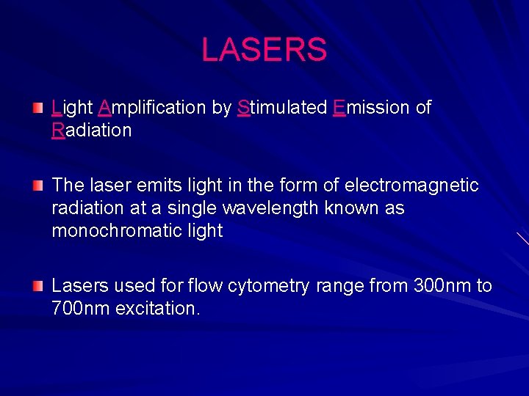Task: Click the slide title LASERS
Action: click(x=264, y=50)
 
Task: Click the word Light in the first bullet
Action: click(x=72, y=108)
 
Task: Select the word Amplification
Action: click(x=151, y=108)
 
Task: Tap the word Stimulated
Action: click(x=282, y=108)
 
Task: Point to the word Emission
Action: click(x=371, y=108)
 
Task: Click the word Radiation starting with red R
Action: click(x=92, y=131)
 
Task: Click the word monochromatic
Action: click(x=115, y=231)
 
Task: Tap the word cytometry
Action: click(x=267, y=286)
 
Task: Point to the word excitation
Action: click(x=154, y=308)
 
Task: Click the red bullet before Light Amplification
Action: click(x=37, y=109)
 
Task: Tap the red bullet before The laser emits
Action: click(x=37, y=186)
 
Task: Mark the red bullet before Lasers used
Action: click(x=37, y=286)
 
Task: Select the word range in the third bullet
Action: click(x=339, y=286)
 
